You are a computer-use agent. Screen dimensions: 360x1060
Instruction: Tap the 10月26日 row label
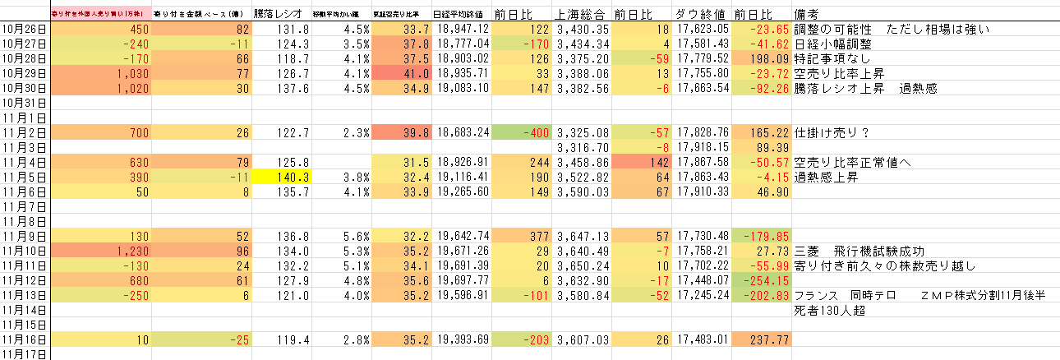pyautogui.click(x=25, y=29)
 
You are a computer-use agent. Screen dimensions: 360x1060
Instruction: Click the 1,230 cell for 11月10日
pyautogui.click(x=100, y=250)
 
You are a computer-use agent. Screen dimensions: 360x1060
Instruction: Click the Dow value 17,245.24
pyautogui.click(x=701, y=294)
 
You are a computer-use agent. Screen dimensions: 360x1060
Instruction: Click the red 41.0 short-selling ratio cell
pyautogui.click(x=399, y=73)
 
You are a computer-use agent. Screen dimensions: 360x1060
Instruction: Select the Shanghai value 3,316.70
pyautogui.click(x=582, y=146)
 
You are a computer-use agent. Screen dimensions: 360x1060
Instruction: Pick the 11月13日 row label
pyautogui.click(x=25, y=294)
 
